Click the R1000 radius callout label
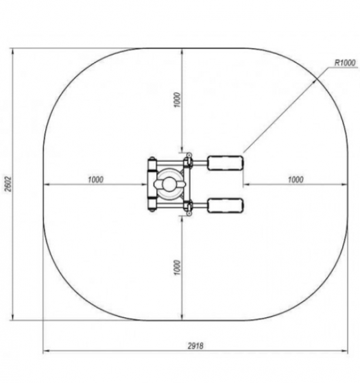pyautogui.click(x=345, y=63)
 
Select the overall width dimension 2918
pyautogui.click(x=195, y=346)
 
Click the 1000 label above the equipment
pyautogui.click(x=178, y=99)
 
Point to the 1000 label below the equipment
pyautogui.click(x=178, y=267)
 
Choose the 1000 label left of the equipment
pyautogui.click(x=95, y=180)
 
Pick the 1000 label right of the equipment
pyautogui.click(x=296, y=180)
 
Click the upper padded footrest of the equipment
pyautogui.click(x=226, y=163)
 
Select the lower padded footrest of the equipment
pyautogui.click(x=226, y=206)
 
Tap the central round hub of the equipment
pyautogui.click(x=169, y=184)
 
